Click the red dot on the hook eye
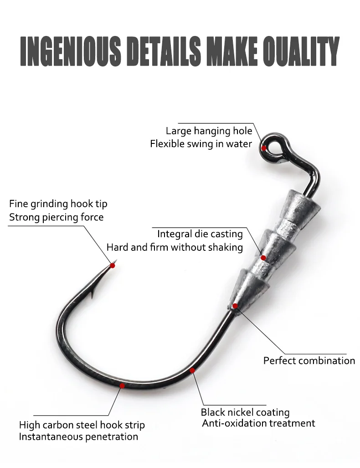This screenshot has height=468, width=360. click(x=264, y=148)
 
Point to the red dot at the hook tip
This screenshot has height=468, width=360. click(x=112, y=265)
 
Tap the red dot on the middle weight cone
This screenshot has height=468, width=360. click(x=263, y=258)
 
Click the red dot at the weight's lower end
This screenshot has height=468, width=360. click(x=236, y=305)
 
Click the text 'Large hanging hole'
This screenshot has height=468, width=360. click(x=209, y=131)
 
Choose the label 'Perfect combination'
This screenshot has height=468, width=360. click(x=309, y=361)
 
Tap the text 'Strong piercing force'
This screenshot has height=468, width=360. click(x=57, y=217)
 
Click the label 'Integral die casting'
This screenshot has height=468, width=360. click(x=200, y=234)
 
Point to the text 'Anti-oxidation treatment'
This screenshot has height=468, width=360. click(x=259, y=423)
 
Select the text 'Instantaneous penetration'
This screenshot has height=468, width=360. click(x=78, y=437)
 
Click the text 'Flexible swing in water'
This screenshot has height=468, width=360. click(x=201, y=144)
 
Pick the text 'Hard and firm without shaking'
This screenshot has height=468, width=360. click(x=175, y=247)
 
